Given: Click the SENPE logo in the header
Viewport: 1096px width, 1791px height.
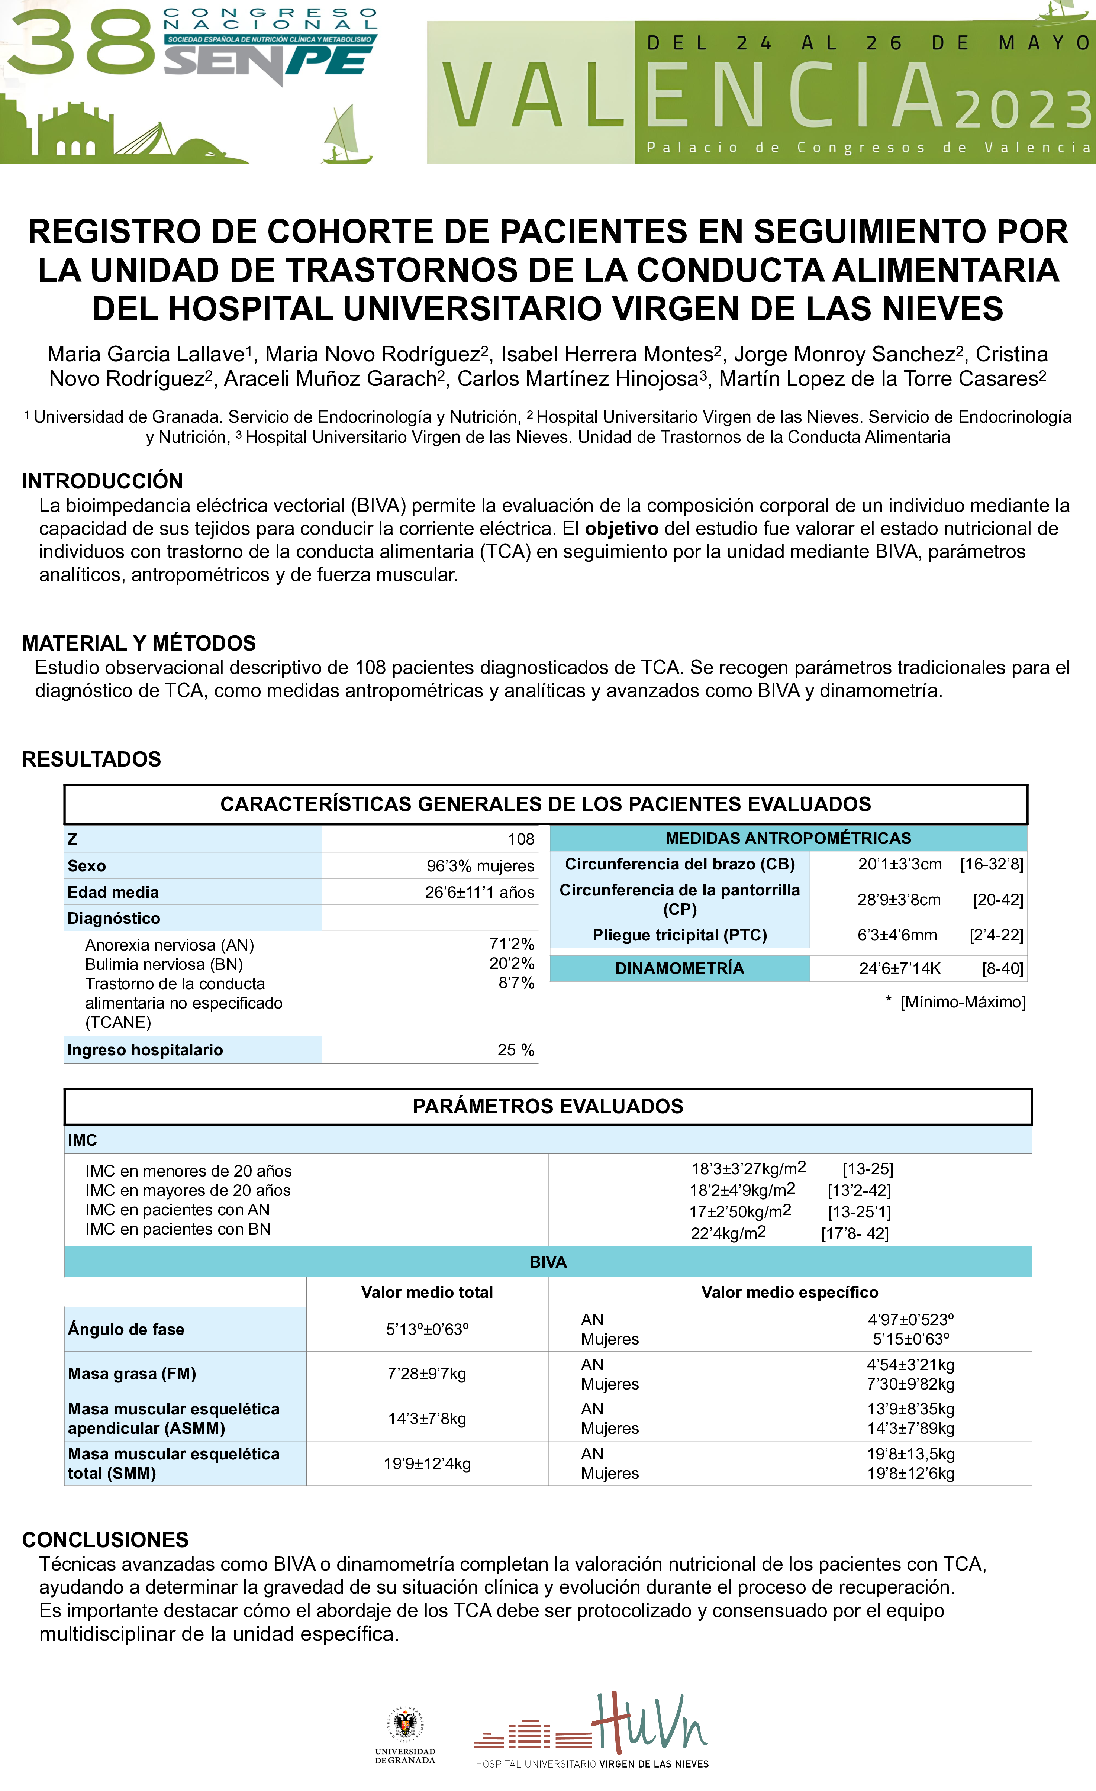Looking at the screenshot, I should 269,62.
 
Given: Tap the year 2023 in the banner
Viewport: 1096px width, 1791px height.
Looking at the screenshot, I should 1024,110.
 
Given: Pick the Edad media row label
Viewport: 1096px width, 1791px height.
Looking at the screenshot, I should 113,892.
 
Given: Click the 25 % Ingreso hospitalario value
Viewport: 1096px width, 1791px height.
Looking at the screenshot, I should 515,1050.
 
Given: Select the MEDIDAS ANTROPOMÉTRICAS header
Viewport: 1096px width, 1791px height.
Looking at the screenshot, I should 788,838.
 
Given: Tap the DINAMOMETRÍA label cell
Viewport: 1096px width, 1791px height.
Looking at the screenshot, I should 680,968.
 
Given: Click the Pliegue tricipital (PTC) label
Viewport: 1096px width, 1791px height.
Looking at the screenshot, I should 680,935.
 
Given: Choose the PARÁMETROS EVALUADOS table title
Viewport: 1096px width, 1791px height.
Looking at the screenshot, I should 548,1106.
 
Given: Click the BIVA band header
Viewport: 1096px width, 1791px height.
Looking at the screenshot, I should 548,1262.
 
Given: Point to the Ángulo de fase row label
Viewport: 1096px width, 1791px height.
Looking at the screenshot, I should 126,1329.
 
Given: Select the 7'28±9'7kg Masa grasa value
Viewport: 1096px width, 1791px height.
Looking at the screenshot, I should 427,1374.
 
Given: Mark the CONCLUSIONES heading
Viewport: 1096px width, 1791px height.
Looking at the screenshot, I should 105,1539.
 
